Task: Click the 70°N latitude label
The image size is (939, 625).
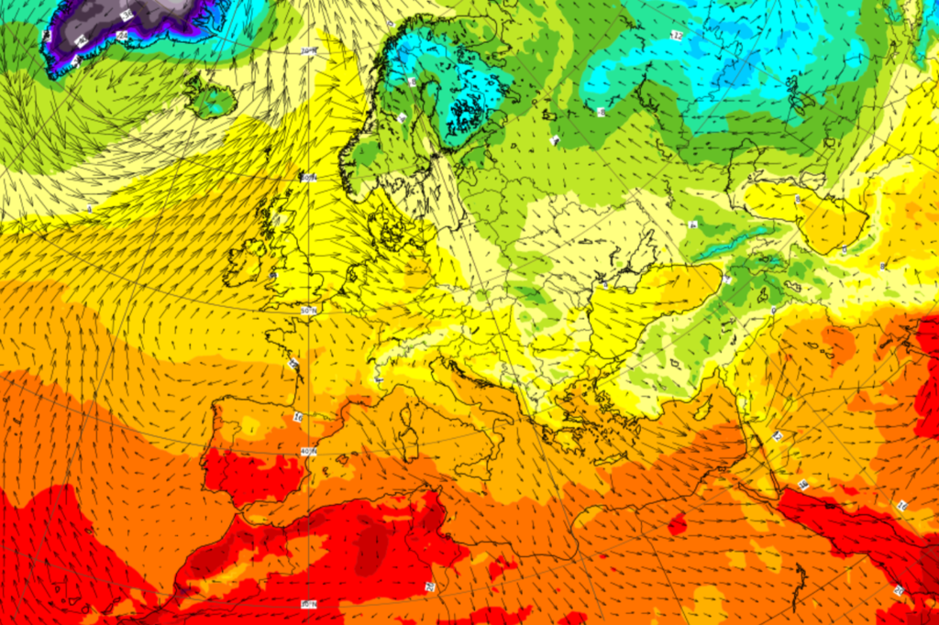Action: (309, 51)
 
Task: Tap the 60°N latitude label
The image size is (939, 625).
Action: (310, 178)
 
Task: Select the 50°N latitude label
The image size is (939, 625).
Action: (310, 312)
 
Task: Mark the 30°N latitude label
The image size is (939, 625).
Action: (310, 604)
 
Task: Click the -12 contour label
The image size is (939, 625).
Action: (677, 36)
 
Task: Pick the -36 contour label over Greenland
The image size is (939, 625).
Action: (126, 16)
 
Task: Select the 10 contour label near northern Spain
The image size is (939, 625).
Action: (298, 417)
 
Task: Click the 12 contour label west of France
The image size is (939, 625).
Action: (294, 364)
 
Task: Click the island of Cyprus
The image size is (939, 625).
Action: (678, 525)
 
